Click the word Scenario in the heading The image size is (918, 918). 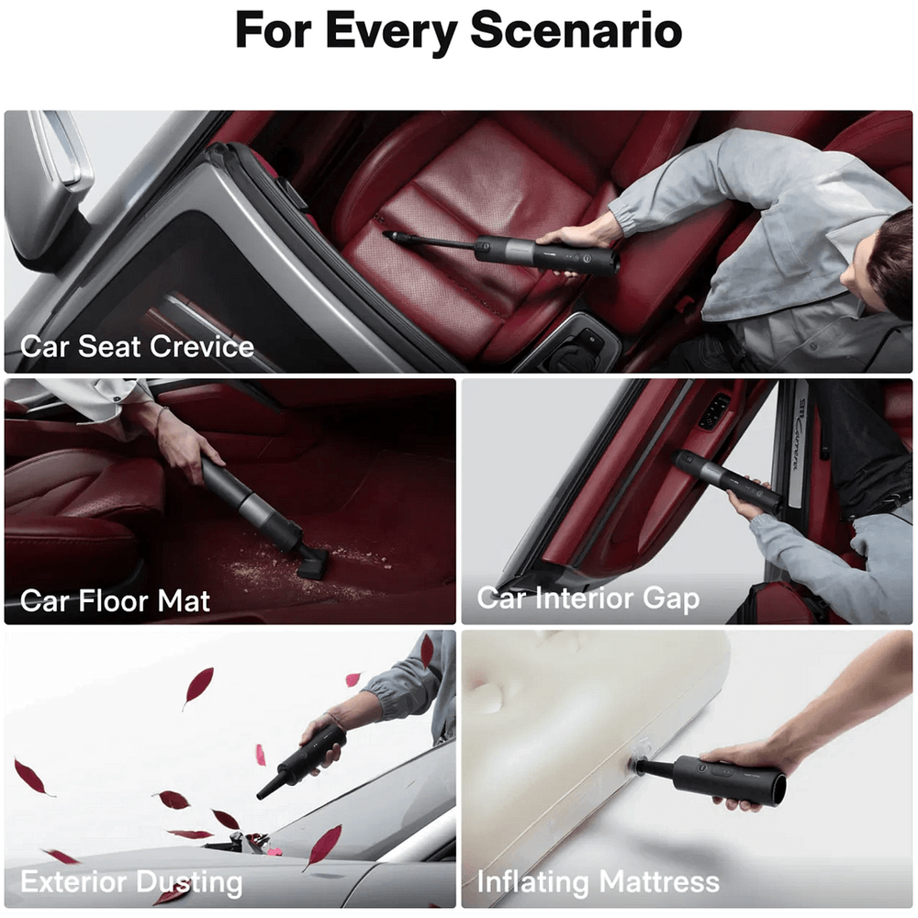[x=577, y=30]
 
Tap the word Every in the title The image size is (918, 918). [x=391, y=33]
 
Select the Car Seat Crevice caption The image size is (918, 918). [x=137, y=346]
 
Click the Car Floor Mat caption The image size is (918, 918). [x=115, y=600]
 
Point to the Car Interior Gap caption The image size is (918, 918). [x=588, y=599]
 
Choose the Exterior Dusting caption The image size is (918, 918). [x=131, y=882]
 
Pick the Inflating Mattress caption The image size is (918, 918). [x=598, y=881]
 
